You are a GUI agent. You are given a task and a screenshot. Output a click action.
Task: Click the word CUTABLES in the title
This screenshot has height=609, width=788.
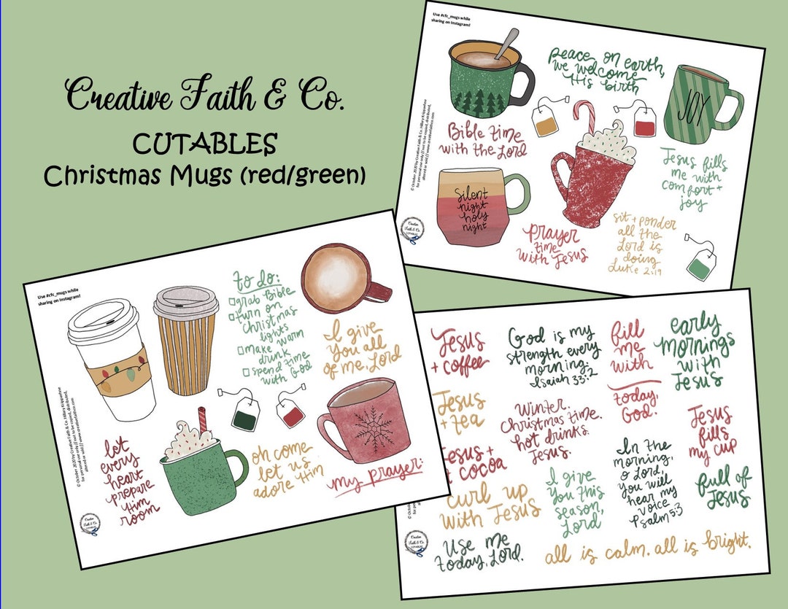(204, 143)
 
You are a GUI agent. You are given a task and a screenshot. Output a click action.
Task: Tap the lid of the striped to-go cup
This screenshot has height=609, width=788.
(185, 302)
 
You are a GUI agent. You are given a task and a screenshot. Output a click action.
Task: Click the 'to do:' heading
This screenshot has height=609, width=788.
(252, 279)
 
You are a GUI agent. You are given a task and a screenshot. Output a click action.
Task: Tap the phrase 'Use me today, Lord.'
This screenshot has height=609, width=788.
(482, 554)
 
